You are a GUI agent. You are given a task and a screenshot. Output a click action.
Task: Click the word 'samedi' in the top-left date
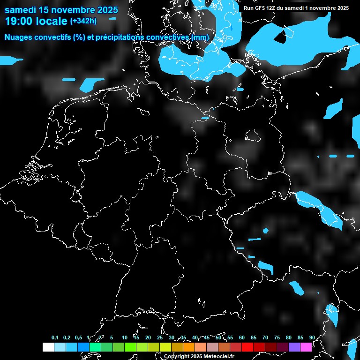pos(21,10)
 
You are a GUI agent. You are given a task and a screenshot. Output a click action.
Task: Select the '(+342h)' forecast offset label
pos(83,21)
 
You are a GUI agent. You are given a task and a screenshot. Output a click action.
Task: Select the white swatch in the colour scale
pos(48,347)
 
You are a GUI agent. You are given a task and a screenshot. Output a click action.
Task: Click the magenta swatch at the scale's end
pos(306,347)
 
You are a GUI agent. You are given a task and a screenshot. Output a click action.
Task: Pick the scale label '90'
pos(312,337)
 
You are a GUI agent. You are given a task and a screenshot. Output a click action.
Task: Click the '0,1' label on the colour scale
pos(55,337)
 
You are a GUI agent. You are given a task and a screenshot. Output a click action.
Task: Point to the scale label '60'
pos(242,337)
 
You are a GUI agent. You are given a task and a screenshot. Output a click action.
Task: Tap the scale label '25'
pos(160,337)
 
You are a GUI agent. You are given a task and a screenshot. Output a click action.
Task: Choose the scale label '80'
pos(289,337)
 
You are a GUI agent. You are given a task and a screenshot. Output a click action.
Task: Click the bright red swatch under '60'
pos(247,347)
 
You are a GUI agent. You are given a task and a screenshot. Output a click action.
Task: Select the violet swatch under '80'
pos(294,347)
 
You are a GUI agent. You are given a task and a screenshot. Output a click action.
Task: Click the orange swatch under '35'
pos(188,347)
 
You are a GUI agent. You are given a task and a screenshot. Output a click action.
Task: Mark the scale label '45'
pos(207,337)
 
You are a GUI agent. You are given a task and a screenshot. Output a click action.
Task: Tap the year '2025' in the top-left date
pos(108,10)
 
